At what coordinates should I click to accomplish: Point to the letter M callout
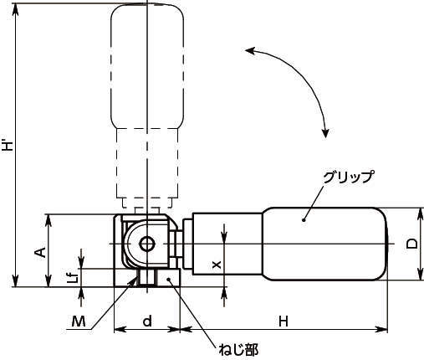(78, 321)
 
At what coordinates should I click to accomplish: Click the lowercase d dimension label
(146, 321)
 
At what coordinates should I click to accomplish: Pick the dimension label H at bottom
(284, 321)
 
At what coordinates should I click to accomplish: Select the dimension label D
(411, 244)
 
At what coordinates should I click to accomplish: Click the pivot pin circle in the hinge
(147, 244)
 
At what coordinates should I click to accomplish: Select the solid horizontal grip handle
(326, 244)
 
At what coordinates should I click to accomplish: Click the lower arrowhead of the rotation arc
(324, 129)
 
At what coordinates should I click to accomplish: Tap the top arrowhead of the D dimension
(417, 211)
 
